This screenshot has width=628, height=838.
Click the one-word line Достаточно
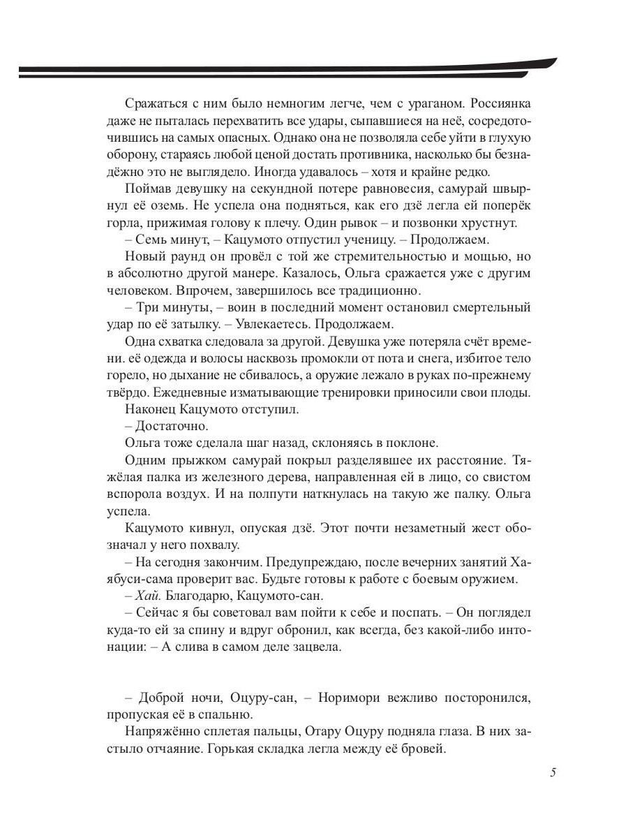[169, 425]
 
